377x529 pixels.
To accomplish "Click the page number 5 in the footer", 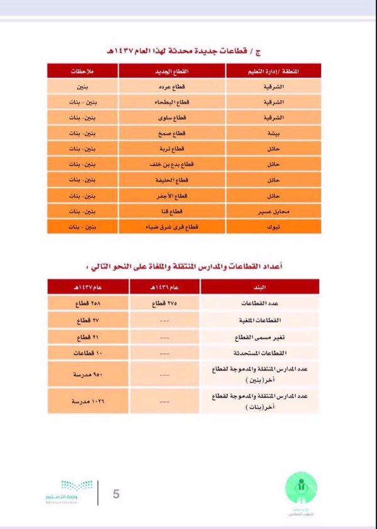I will [116, 493].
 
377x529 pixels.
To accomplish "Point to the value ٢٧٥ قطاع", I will [165, 304].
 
